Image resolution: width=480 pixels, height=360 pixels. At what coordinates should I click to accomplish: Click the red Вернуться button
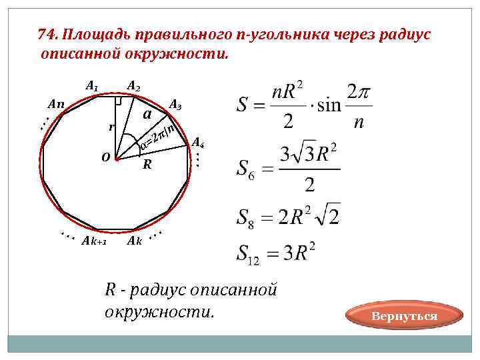pyautogui.click(x=405, y=317)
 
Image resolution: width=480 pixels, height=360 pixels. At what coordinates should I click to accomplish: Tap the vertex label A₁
pyautogui.click(x=92, y=85)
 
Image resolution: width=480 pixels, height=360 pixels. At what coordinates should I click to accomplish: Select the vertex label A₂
pyautogui.click(x=133, y=86)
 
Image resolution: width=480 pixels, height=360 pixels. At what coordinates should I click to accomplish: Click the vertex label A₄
pyautogui.click(x=198, y=142)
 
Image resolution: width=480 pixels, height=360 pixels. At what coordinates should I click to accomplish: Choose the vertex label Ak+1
pyautogui.click(x=94, y=241)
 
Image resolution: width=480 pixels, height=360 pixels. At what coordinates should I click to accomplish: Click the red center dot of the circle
pyautogui.click(x=117, y=159)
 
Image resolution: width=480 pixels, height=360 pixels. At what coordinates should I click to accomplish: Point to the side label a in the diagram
pyautogui.click(x=147, y=115)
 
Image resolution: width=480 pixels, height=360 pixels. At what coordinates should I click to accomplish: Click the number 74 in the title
pyautogui.click(x=45, y=35)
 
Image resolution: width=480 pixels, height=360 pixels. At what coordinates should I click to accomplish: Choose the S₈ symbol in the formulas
pyautogui.click(x=245, y=217)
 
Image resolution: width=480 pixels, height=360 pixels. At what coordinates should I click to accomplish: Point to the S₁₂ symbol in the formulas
pyautogui.click(x=247, y=253)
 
